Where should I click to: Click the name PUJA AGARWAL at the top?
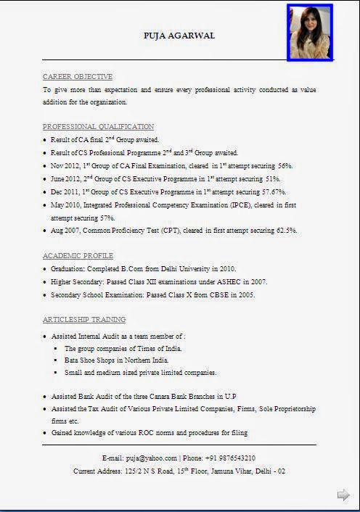click(179, 36)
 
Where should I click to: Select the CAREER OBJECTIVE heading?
click(78, 76)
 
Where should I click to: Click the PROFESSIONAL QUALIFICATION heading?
click(98, 126)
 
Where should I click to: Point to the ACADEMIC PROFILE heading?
click(78, 256)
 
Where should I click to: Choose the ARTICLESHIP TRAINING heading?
click(84, 319)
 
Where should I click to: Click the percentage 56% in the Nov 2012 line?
click(285, 165)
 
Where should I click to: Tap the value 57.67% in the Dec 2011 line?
click(274, 191)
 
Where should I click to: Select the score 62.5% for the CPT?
click(283, 230)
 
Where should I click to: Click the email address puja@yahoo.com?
click(151, 458)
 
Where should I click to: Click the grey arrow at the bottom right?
click(343, 495)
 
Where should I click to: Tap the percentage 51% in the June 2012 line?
click(272, 178)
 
